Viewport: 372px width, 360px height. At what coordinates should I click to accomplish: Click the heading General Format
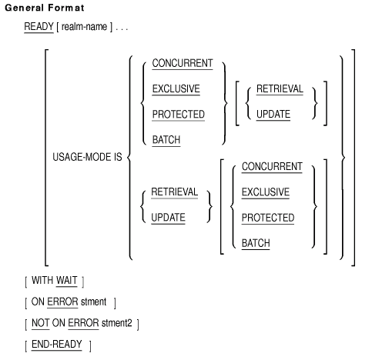[45, 8]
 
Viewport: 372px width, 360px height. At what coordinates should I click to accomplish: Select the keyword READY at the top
[39, 27]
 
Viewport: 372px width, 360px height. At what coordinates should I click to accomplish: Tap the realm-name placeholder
[84, 27]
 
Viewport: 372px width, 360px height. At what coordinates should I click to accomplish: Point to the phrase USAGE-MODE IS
[87, 157]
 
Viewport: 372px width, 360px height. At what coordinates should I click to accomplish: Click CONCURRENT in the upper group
[183, 63]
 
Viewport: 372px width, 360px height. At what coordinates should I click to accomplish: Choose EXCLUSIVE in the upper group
[176, 89]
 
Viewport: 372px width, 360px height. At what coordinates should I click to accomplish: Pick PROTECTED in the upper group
[179, 115]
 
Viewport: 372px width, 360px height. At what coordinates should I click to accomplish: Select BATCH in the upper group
[166, 140]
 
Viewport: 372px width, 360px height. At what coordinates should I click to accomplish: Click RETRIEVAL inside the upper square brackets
[280, 89]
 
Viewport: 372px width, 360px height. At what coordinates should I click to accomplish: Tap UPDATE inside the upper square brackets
[273, 115]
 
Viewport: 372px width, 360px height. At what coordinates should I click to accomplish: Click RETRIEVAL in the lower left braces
[175, 192]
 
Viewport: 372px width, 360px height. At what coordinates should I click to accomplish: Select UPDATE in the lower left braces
[168, 218]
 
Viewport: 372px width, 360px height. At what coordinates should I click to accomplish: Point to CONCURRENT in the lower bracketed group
[272, 167]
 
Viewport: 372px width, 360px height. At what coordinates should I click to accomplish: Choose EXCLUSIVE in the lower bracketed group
[266, 192]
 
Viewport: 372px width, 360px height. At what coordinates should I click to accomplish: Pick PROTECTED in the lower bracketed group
[268, 218]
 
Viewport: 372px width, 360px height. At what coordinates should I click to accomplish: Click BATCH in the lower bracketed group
[256, 243]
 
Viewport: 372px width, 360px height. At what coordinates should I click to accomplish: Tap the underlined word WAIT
[66, 281]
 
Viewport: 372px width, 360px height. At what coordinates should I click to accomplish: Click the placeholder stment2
[117, 323]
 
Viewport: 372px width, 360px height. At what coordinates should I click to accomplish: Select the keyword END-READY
[57, 345]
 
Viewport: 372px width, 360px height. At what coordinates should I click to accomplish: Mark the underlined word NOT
[41, 323]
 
